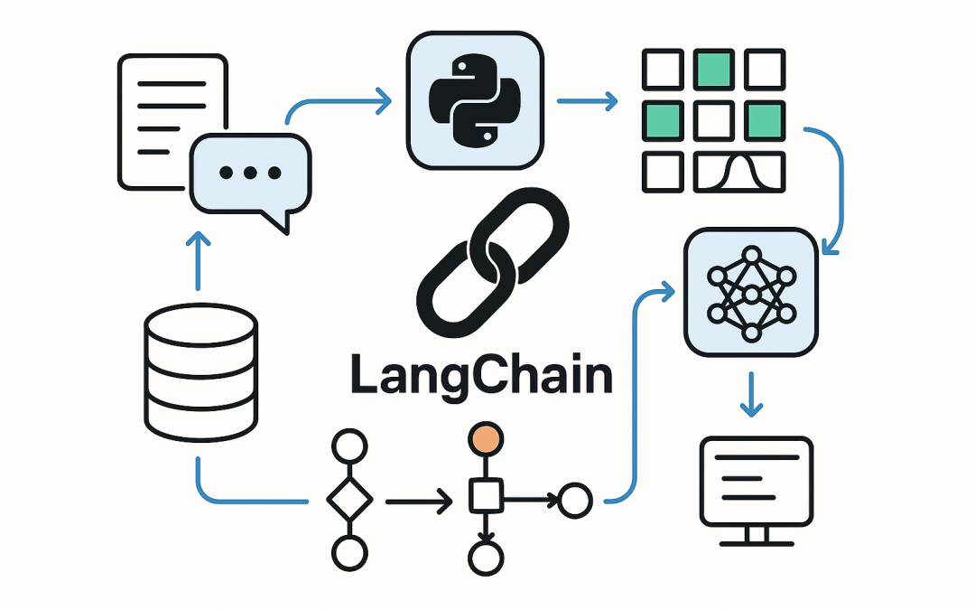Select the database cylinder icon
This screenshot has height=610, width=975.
[x=200, y=372]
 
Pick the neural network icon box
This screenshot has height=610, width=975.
[x=751, y=290]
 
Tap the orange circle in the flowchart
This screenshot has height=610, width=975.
[x=485, y=439]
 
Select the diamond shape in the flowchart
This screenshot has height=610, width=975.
[x=349, y=497]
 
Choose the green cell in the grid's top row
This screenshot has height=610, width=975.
[x=713, y=67]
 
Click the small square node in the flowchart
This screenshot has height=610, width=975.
[x=485, y=496]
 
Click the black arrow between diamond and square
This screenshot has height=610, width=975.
[x=418, y=499]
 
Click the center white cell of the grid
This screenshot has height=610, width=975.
[x=713, y=119]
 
